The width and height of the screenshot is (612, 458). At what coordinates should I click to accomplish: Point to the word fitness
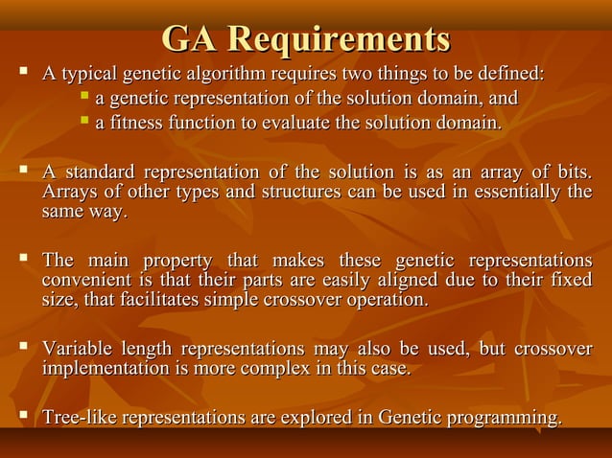[x=136, y=123]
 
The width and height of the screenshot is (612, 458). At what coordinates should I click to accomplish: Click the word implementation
[x=102, y=369]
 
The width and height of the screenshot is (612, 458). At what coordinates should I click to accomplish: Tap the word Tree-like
[x=79, y=418]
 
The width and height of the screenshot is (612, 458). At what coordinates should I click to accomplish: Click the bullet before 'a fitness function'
[x=84, y=121]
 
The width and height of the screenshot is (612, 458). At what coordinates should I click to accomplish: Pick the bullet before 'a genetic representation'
[x=84, y=97]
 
